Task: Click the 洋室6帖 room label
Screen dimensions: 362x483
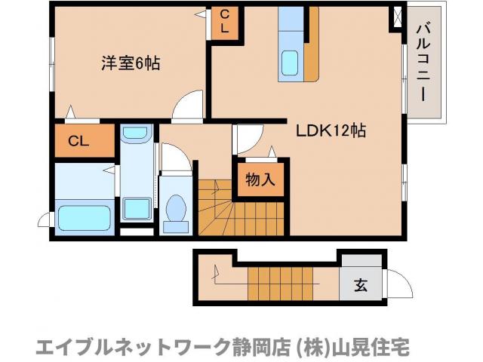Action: pyautogui.click(x=131, y=63)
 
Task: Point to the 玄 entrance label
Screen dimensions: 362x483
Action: pyautogui.click(x=361, y=287)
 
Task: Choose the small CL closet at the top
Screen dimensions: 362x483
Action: pyautogui.click(x=224, y=21)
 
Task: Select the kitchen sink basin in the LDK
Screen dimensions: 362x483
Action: pyautogui.click(x=290, y=63)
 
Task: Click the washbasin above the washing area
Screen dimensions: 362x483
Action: pyautogui.click(x=137, y=134)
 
